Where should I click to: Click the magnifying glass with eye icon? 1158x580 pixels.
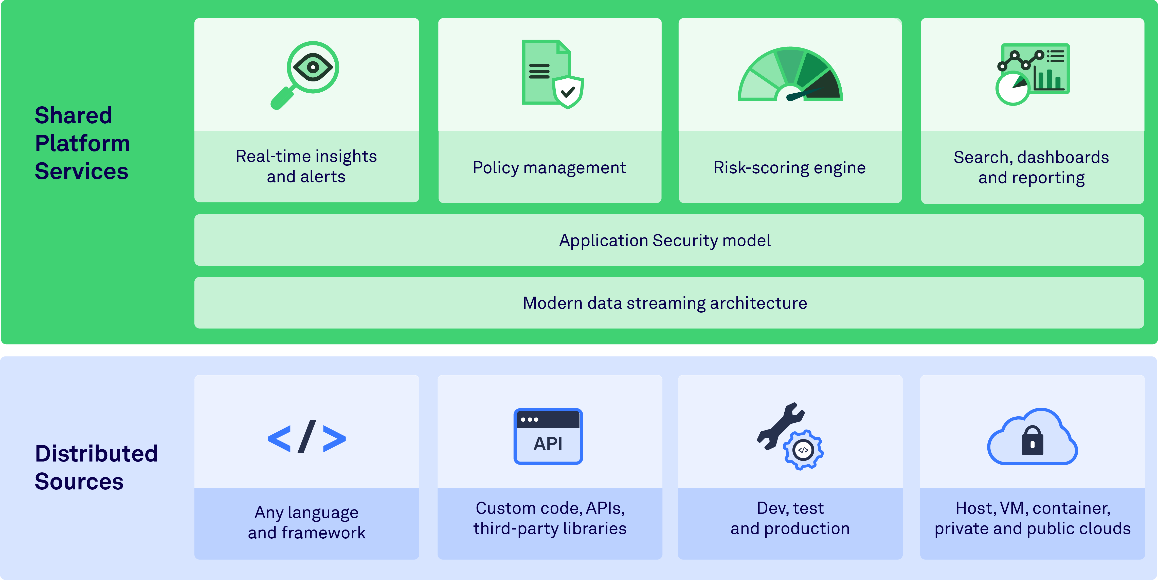tap(306, 74)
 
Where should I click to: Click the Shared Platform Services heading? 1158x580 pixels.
tap(82, 143)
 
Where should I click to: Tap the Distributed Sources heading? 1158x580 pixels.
tap(96, 467)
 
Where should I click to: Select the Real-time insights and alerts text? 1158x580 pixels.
tap(306, 166)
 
